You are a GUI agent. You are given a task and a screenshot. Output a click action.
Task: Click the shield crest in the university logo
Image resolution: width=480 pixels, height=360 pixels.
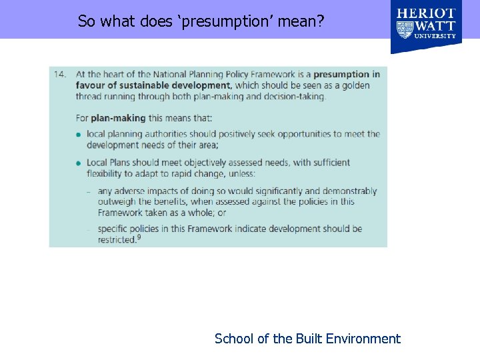click(x=405, y=30)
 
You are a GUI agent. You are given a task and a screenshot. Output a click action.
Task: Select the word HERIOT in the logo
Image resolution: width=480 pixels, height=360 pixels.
click(x=427, y=13)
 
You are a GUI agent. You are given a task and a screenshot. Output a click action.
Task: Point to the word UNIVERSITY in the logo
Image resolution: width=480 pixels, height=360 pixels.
click(x=435, y=36)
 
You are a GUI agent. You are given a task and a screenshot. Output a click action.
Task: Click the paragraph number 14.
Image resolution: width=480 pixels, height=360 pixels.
click(x=60, y=74)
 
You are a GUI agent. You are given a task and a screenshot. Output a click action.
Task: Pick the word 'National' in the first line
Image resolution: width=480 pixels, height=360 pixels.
click(x=171, y=74)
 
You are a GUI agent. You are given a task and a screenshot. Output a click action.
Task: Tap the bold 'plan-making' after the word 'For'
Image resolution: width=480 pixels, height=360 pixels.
click(x=118, y=118)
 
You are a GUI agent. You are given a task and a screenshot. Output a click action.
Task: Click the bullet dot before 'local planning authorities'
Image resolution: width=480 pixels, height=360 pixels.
click(x=79, y=135)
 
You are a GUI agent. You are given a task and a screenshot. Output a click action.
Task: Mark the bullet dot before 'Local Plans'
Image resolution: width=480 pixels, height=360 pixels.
click(x=79, y=163)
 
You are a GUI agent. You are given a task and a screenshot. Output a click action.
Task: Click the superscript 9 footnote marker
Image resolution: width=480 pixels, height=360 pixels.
click(x=139, y=238)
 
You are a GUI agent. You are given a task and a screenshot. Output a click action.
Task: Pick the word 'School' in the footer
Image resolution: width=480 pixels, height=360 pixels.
click(x=234, y=339)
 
